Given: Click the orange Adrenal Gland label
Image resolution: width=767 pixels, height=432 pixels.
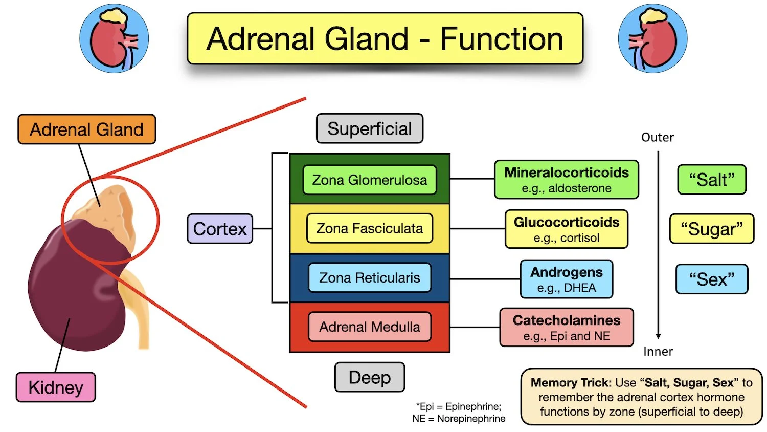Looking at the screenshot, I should (86, 129).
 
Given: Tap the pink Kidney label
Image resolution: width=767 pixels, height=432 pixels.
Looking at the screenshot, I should (56, 387).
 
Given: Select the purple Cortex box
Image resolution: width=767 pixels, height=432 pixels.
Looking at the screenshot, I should (220, 229).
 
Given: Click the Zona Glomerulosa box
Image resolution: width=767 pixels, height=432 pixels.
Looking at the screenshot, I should (369, 180).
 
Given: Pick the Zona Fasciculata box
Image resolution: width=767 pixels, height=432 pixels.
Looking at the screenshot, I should (369, 228).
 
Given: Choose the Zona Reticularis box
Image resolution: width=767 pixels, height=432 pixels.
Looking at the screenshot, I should (369, 278).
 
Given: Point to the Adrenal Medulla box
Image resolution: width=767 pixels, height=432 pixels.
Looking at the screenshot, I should (369, 327).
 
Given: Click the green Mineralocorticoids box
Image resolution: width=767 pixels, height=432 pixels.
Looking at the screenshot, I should (566, 180).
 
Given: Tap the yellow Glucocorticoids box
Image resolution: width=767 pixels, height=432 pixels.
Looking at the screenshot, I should (566, 229).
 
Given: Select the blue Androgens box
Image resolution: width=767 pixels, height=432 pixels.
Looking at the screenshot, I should (566, 279).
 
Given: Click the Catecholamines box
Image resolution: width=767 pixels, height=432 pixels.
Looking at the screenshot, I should (566, 328).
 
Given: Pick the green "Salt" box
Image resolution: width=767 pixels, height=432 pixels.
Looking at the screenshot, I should (711, 180).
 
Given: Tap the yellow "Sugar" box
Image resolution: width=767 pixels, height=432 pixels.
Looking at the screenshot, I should (711, 229).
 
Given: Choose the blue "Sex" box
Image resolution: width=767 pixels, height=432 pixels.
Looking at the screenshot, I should (711, 279).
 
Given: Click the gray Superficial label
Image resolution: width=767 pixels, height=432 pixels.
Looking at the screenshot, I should (369, 128).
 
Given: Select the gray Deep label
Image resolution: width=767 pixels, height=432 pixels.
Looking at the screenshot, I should (369, 378).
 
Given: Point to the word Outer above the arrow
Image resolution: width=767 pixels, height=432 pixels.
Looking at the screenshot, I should (658, 138).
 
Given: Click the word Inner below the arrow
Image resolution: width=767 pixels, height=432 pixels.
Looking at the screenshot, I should (658, 352).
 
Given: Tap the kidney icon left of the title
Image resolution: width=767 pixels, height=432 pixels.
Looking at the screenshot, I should (114, 38).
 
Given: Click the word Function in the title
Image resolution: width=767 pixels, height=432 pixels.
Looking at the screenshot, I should (502, 39).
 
